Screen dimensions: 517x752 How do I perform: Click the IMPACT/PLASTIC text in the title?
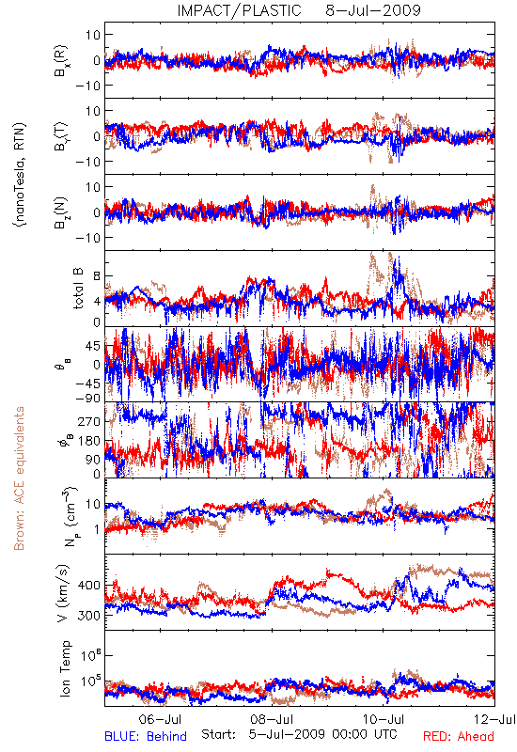(239, 10)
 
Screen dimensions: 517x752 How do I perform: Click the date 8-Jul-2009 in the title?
(373, 10)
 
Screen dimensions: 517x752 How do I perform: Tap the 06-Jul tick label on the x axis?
(160, 719)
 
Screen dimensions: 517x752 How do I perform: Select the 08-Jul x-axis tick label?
(272, 719)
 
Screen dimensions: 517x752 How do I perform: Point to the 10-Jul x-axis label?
(384, 719)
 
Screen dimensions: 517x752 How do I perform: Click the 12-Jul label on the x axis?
(494, 719)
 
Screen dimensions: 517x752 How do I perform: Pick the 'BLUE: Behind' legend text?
(146, 736)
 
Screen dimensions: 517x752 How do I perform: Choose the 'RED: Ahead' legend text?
(458, 736)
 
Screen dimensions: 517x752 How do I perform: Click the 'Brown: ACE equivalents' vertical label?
(19, 478)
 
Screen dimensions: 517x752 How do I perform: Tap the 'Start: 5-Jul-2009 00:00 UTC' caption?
(299, 734)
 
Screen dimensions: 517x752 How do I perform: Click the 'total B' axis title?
(78, 289)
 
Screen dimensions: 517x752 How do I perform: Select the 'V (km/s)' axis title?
(63, 593)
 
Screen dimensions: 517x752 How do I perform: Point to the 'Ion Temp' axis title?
(65, 668)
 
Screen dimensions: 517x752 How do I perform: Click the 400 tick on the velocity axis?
(88, 585)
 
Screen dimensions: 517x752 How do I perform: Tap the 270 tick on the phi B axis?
(89, 421)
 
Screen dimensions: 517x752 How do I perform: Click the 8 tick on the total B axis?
(97, 276)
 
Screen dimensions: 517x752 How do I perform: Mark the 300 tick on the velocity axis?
(88, 616)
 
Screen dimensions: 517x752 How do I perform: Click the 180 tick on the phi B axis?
(89, 441)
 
